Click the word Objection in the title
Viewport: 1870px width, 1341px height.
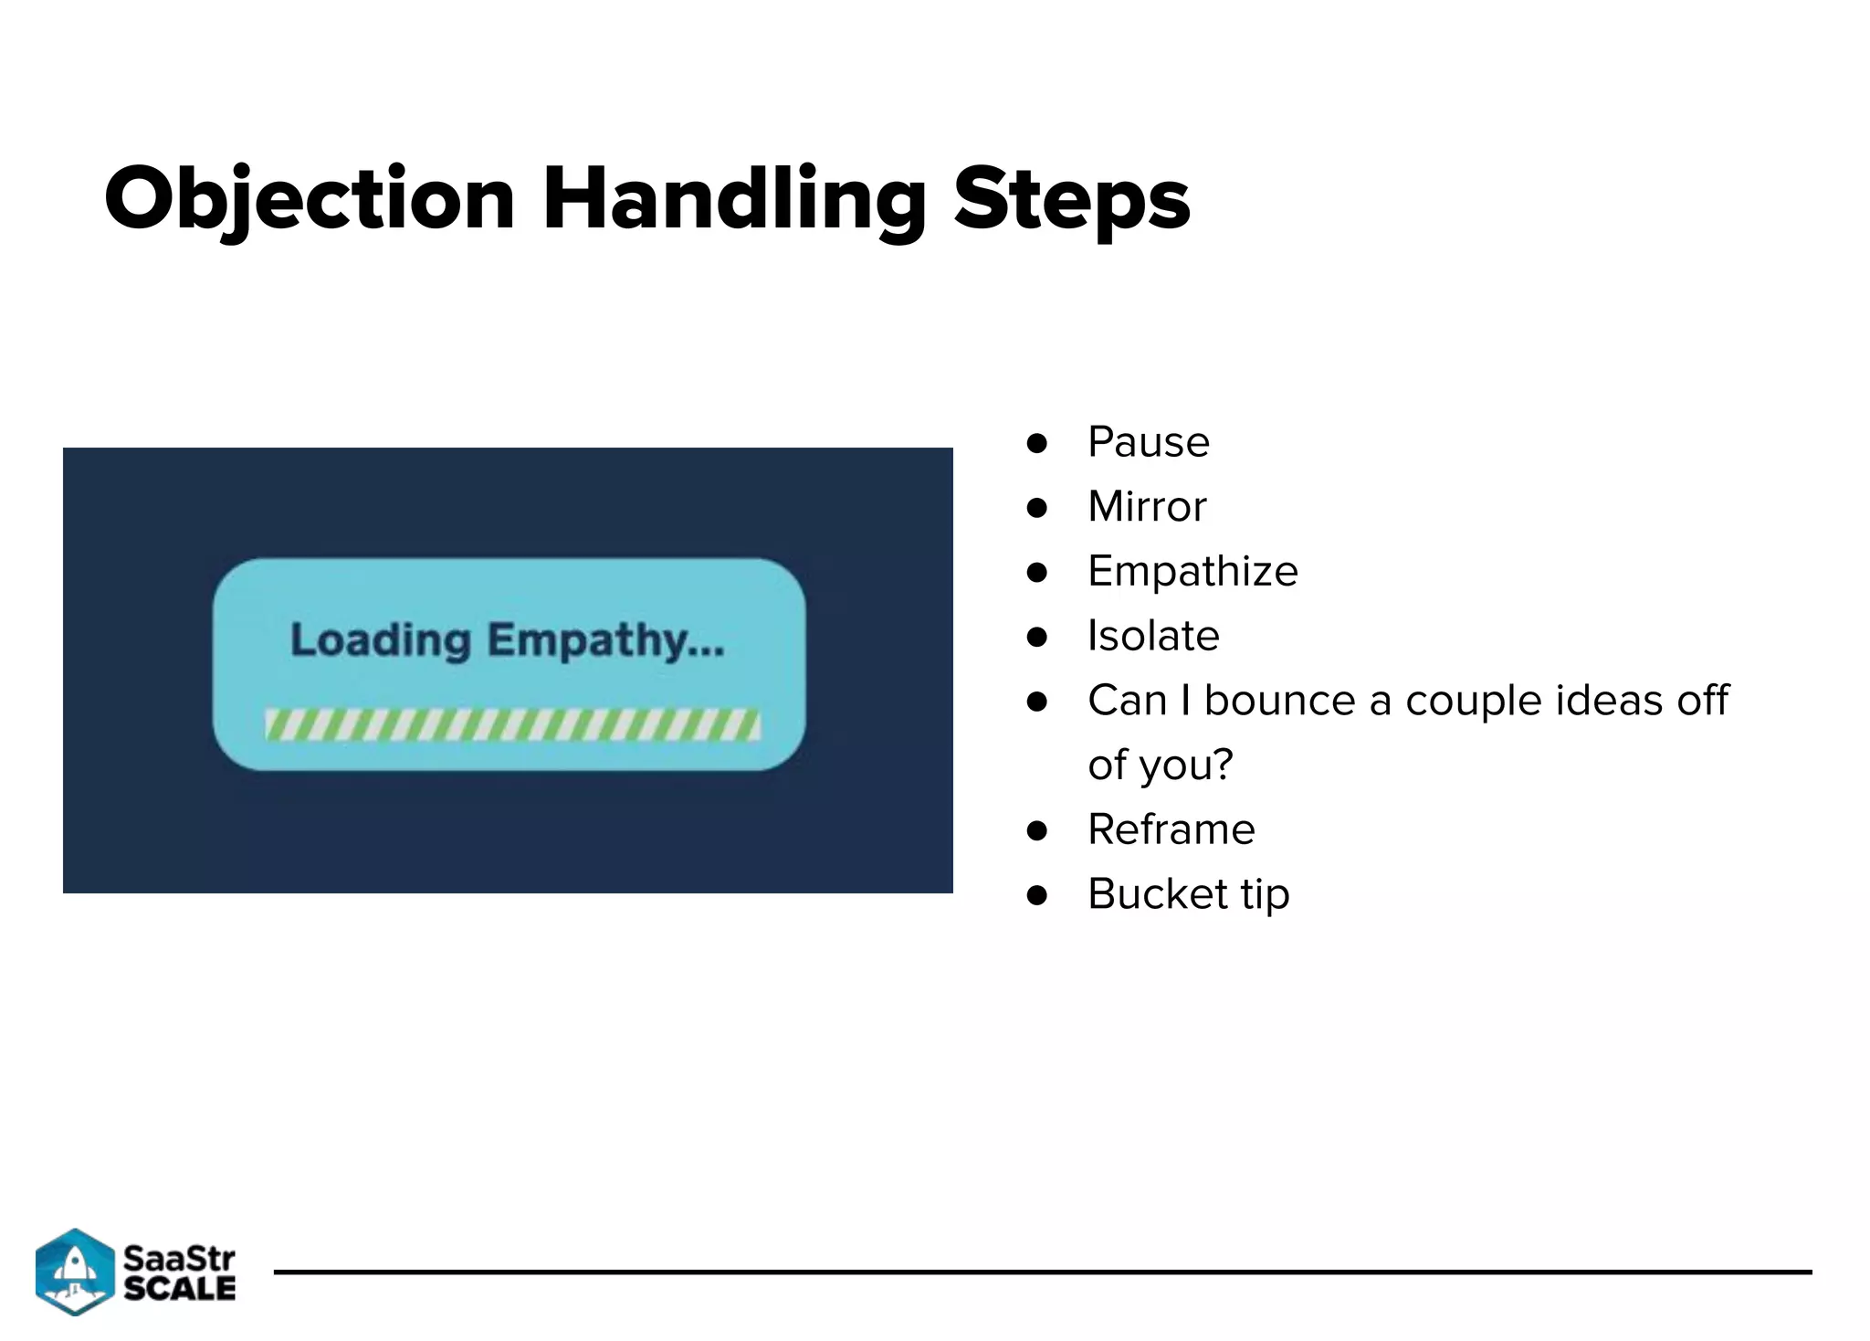coord(310,199)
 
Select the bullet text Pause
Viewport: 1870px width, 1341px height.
coord(1148,443)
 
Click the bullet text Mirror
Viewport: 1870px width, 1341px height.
coord(1147,507)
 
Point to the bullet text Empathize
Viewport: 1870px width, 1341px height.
coord(1192,572)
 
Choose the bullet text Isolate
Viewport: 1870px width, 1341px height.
coord(1152,636)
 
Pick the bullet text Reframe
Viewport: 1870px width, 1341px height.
coord(1171,829)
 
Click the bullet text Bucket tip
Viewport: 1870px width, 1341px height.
coord(1188,894)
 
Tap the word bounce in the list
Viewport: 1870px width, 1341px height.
coord(1279,701)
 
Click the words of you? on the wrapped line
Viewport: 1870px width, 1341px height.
coord(1160,766)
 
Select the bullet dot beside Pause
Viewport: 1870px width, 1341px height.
coord(1036,444)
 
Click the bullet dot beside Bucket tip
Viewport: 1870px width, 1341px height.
coord(1036,895)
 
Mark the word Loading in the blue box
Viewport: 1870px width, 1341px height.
coord(381,640)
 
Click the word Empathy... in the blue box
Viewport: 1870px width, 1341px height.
coord(605,640)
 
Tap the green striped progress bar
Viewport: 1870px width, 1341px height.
coord(512,725)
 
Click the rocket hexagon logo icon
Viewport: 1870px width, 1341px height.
coord(75,1272)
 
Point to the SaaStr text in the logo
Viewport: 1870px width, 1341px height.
coord(179,1258)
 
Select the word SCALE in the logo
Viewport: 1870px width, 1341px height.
coord(179,1288)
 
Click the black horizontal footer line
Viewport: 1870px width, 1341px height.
coord(1041,1272)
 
